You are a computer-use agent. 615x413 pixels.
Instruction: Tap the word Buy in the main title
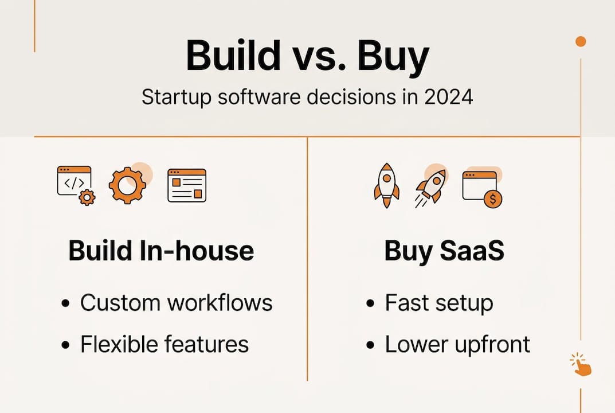393,56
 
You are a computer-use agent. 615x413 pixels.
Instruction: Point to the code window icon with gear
76,185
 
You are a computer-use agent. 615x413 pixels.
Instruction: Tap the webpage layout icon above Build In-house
187,185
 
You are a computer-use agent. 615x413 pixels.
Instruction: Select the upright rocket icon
386,185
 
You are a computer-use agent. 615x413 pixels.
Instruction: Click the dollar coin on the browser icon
492,199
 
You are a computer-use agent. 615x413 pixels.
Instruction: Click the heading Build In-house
161,251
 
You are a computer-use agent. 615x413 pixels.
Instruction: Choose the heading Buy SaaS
444,251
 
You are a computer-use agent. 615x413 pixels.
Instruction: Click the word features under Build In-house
207,344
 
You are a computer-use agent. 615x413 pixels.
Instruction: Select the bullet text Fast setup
438,303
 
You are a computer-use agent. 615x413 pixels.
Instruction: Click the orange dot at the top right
581,41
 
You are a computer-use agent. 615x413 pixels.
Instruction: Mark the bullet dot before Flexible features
66,345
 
